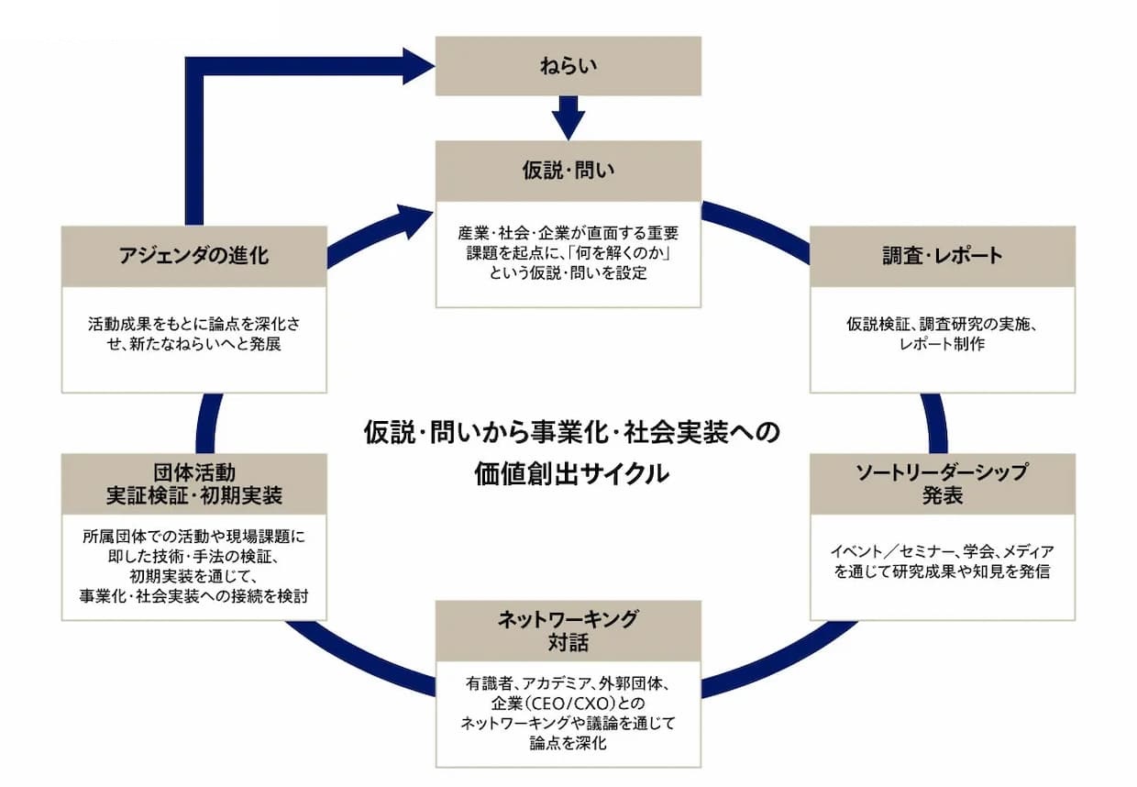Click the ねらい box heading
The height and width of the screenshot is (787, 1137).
pyautogui.click(x=568, y=66)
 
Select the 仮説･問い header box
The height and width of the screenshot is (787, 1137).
pyautogui.click(x=568, y=172)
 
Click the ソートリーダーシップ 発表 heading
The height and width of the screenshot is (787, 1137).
pyautogui.click(x=942, y=484)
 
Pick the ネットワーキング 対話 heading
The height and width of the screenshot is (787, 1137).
pyautogui.click(x=568, y=631)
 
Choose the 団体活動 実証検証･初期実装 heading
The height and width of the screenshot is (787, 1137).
pyautogui.click(x=193, y=484)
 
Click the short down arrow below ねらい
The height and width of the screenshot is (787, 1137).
pyautogui.click(x=568, y=117)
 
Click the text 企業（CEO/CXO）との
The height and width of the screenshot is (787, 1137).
pyautogui.click(x=568, y=704)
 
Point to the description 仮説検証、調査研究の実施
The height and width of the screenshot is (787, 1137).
pyautogui.click(x=942, y=324)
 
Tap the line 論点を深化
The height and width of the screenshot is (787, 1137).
pyautogui.click(x=568, y=743)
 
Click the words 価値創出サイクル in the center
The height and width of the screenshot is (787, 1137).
pyautogui.click(x=571, y=473)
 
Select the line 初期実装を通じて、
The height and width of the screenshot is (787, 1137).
pyautogui.click(x=193, y=576)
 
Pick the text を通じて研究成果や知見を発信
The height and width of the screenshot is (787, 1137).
pyautogui.click(x=942, y=571)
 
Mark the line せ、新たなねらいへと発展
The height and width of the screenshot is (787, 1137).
pyautogui.click(x=193, y=344)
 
